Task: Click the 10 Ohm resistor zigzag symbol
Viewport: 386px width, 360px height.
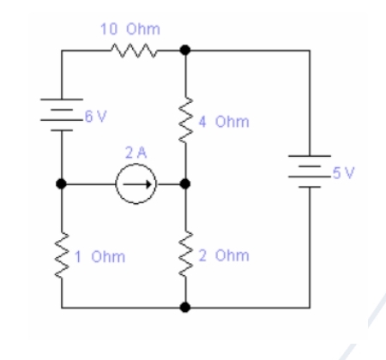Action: [134, 50]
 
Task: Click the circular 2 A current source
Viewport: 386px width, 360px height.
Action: [137, 183]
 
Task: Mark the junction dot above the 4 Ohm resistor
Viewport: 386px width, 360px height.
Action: [185, 50]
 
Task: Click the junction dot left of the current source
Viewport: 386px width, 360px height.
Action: [61, 183]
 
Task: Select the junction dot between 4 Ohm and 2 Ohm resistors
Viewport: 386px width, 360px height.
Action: [185, 183]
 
